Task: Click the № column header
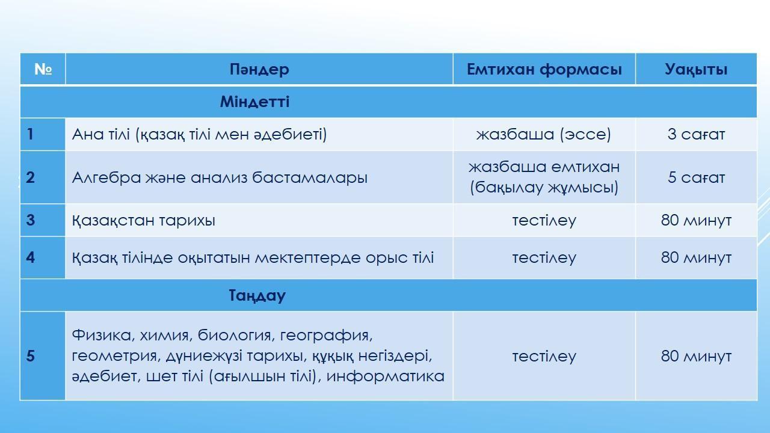[43, 69]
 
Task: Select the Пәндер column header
[259, 69]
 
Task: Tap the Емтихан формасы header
[544, 69]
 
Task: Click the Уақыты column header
[696, 69]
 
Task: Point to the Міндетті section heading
[254, 102]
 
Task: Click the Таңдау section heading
[257, 295]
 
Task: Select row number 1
[30, 134]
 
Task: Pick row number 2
[30, 177]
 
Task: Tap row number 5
[30, 356]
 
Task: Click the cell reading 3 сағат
[696, 134]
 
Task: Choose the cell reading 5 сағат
[696, 177]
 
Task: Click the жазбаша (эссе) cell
[544, 134]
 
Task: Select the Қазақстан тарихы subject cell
[144, 220]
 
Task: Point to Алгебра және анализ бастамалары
[220, 177]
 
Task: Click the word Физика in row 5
[102, 335]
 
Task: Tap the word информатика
[386, 376]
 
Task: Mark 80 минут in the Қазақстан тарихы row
[696, 220]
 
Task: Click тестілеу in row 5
[544, 356]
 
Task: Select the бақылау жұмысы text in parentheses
[544, 188]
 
